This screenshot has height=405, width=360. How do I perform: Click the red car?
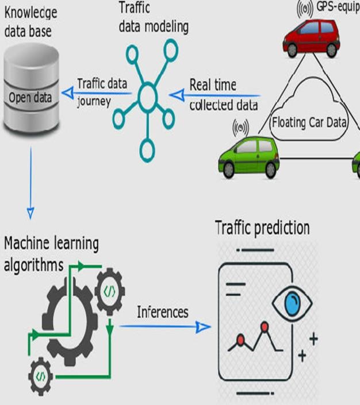tap(311, 39)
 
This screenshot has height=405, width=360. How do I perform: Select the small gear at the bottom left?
tap(40, 376)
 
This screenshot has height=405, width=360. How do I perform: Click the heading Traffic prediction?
tap(262, 227)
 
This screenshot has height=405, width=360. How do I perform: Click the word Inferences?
tap(163, 312)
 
